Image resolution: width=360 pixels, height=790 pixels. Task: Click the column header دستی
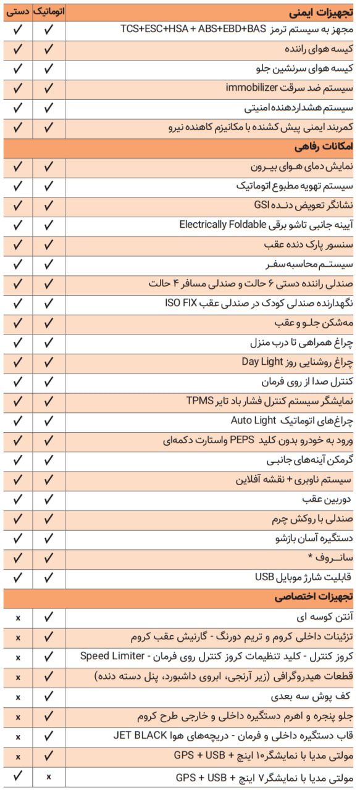(x=18, y=11)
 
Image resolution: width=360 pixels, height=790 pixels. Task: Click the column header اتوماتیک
(x=48, y=11)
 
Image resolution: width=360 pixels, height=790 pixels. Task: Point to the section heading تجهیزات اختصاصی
(x=315, y=597)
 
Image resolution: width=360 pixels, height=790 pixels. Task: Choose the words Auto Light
(x=253, y=420)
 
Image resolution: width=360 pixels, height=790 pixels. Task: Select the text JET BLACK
(x=143, y=736)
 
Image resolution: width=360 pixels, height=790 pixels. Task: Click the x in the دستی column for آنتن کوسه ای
(x=18, y=617)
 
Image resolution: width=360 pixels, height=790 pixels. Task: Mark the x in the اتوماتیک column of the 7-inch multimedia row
(x=48, y=776)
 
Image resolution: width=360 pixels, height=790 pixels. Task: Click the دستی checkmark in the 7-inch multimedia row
(x=18, y=776)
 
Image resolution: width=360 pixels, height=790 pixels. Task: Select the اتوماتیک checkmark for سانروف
(x=48, y=558)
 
